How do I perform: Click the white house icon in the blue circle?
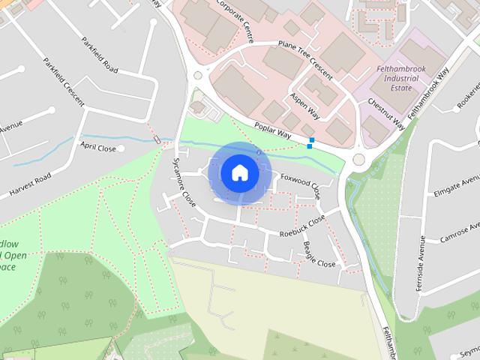239,172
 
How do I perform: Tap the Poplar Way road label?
271,130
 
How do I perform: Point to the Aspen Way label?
305,103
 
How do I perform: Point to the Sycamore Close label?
184,182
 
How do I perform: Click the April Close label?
99,148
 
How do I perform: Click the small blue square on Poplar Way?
311,140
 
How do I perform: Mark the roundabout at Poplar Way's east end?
359,159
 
